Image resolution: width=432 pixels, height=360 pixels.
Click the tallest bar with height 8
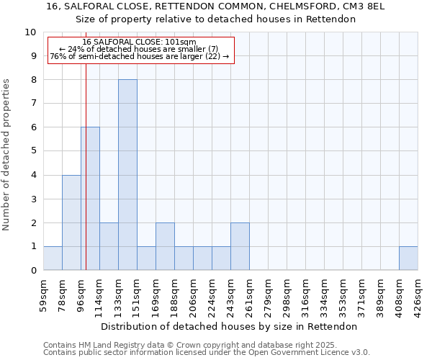pyautogui.click(x=127, y=175)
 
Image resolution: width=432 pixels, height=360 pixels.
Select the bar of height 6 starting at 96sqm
pyautogui.click(x=90, y=199)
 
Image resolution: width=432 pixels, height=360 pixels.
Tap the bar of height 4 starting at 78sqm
pyautogui.click(x=71, y=222)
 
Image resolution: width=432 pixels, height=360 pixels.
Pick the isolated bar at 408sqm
pyautogui.click(x=408, y=258)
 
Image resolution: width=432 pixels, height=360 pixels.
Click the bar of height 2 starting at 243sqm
pyautogui.click(x=240, y=246)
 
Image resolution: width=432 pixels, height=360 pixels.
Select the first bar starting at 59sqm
pyautogui.click(x=53, y=258)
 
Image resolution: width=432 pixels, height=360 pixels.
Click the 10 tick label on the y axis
pyautogui.click(x=30, y=32)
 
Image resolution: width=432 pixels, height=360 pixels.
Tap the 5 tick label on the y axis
pyautogui.click(x=33, y=151)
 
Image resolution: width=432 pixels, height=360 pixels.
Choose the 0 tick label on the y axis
pyautogui.click(x=33, y=270)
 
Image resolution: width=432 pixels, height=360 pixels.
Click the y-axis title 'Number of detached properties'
pyautogui.click(x=6, y=155)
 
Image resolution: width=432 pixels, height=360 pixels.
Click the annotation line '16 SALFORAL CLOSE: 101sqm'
pyautogui.click(x=139, y=42)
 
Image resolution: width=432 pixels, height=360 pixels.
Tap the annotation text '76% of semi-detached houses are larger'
pyautogui.click(x=140, y=56)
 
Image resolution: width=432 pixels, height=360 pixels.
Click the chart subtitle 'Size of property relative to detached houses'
pyautogui.click(x=216, y=19)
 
